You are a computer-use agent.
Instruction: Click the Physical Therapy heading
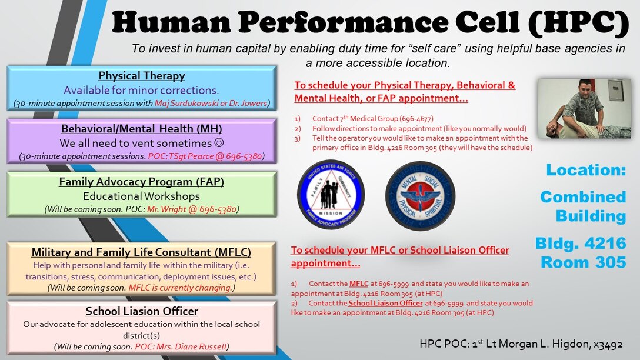[141, 75]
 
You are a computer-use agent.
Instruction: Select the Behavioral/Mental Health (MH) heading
[141, 129]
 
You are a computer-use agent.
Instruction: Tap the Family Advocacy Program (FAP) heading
[141, 182]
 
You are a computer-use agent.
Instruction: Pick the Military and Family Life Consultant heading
[141, 252]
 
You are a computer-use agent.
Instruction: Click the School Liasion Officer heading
[141, 311]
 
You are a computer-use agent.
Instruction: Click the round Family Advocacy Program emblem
[330, 195]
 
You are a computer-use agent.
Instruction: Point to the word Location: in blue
[586, 170]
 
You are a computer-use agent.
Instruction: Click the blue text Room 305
[584, 262]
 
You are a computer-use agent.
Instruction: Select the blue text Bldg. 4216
[580, 243]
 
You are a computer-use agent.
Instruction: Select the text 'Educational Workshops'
[141, 196]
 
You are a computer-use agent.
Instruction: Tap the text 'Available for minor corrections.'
[141, 90]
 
